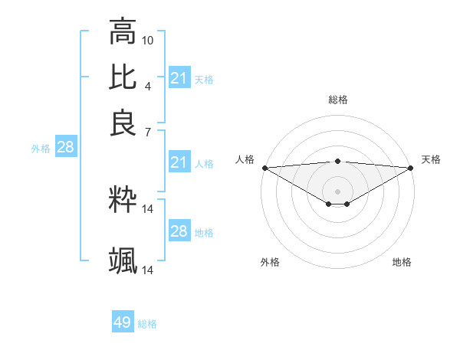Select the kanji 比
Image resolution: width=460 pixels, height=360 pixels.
point(123,77)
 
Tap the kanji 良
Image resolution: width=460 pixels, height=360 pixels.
point(123,123)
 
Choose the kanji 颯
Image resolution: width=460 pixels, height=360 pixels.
point(123,261)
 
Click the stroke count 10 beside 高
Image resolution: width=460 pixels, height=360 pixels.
point(148,39)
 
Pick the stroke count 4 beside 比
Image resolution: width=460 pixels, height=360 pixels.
point(148,85)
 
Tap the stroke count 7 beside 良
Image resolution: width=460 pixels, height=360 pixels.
point(148,132)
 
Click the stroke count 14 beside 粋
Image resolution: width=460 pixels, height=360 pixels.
point(148,208)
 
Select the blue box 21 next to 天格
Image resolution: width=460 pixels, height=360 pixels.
point(179,78)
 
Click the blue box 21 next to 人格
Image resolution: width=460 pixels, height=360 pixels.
point(179,162)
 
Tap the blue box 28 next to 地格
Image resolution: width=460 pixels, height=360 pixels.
point(179,231)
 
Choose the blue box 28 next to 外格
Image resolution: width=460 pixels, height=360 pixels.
point(65,148)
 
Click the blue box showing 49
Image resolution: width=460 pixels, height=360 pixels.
point(123,322)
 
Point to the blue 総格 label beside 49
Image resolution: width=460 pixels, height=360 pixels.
point(147,324)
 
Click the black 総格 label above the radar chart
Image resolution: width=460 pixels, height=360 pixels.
point(337,100)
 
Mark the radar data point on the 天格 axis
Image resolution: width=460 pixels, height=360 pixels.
point(411,168)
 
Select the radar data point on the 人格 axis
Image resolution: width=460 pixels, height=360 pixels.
point(264,168)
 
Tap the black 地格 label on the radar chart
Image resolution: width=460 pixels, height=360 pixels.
point(402,262)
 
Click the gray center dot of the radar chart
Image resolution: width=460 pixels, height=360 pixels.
point(337,191)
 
